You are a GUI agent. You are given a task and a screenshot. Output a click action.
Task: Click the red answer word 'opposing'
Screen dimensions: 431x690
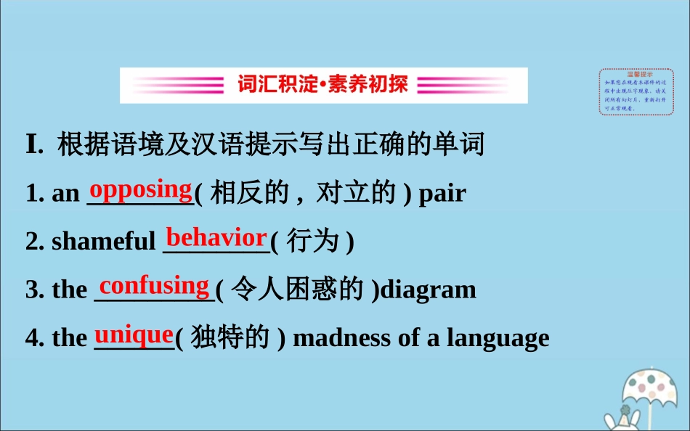click(140, 189)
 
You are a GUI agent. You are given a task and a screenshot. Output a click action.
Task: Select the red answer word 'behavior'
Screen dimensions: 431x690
click(216, 237)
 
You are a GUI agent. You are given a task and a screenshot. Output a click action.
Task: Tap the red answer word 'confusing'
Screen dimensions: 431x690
click(154, 285)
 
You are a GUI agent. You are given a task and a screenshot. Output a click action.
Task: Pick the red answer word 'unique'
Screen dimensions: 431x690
click(134, 334)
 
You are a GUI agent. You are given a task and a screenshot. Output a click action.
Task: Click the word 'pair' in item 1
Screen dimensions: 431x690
click(442, 193)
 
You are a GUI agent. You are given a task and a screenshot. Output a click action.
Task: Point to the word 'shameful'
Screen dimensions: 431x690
click(104, 242)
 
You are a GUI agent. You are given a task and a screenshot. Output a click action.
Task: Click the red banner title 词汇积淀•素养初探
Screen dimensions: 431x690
click(323, 85)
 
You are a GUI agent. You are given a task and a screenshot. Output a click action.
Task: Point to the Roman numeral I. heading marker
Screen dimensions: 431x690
click(34, 145)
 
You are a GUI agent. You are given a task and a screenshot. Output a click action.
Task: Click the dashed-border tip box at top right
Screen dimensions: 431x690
click(636, 91)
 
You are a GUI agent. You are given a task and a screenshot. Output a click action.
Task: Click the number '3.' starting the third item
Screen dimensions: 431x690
click(35, 290)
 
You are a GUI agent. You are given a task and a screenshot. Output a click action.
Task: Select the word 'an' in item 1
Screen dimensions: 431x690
click(65, 194)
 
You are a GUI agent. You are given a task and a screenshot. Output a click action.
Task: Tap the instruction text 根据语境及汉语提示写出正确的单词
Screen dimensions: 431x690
click(271, 145)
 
